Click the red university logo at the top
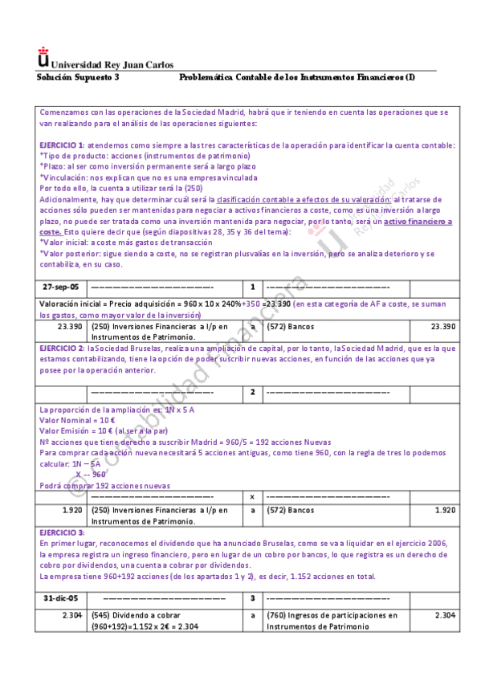(x=43, y=58)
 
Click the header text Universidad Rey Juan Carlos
(x=112, y=65)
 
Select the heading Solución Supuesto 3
(x=79, y=77)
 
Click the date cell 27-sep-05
(x=61, y=287)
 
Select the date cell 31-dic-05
(x=61, y=599)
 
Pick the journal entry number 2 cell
(x=252, y=392)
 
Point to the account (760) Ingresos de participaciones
(x=332, y=616)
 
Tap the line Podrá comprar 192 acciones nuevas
(x=104, y=485)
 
